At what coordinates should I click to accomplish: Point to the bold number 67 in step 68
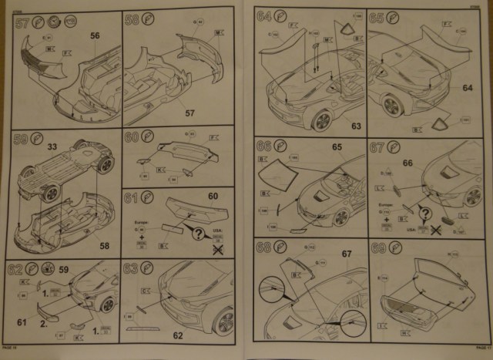(x=347, y=254)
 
